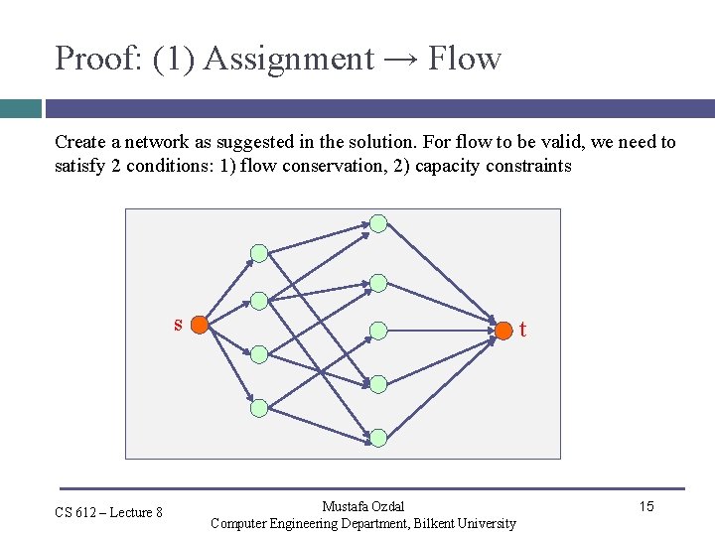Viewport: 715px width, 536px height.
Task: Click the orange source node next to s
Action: [x=199, y=325]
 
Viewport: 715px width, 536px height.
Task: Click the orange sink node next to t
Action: [x=505, y=328]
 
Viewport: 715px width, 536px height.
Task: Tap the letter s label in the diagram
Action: [x=178, y=324]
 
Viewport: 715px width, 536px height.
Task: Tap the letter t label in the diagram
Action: [x=523, y=330]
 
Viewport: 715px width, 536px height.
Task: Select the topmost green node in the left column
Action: [x=259, y=253]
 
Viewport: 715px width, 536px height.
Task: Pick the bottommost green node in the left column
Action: [x=259, y=407]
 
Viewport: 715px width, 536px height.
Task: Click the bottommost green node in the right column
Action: [x=378, y=437]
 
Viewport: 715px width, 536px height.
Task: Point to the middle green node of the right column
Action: [x=378, y=330]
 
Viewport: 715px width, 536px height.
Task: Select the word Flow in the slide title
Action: [x=465, y=59]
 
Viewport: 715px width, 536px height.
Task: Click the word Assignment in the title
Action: [x=289, y=60]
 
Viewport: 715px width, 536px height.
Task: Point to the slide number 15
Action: [x=646, y=507]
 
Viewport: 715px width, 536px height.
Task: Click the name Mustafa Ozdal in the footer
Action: [x=363, y=507]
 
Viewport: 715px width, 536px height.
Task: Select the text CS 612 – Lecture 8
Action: [x=109, y=512]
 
